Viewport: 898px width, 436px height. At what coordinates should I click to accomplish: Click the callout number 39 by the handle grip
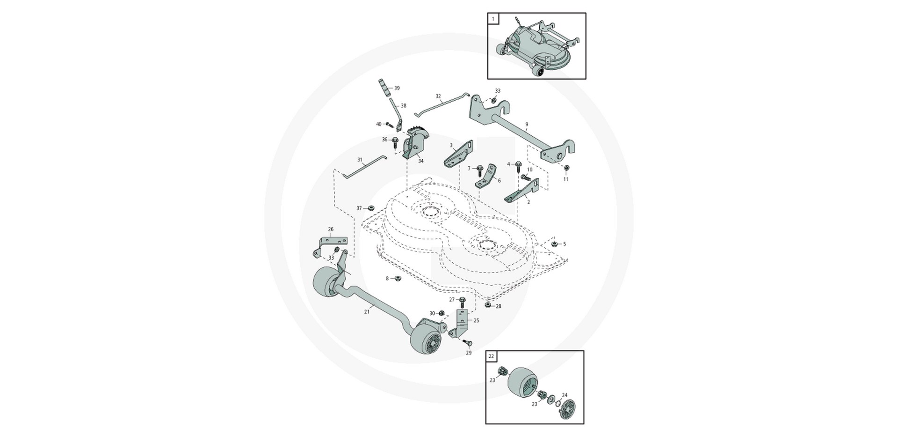coord(397,88)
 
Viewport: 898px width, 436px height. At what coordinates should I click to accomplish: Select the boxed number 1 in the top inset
coord(492,19)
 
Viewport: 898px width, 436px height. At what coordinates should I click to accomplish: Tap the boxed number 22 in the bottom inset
coord(491,357)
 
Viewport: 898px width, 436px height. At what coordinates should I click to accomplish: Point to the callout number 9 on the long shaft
coord(527,125)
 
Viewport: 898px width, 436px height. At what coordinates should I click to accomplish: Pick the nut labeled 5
coord(554,244)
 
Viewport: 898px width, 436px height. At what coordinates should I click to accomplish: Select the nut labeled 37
coord(371,208)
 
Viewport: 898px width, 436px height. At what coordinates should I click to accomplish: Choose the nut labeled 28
coord(487,305)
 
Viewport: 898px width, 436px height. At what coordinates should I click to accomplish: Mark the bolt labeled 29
coord(468,344)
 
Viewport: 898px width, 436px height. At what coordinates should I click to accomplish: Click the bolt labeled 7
coord(479,169)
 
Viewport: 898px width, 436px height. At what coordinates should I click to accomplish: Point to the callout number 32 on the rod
coord(438,96)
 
